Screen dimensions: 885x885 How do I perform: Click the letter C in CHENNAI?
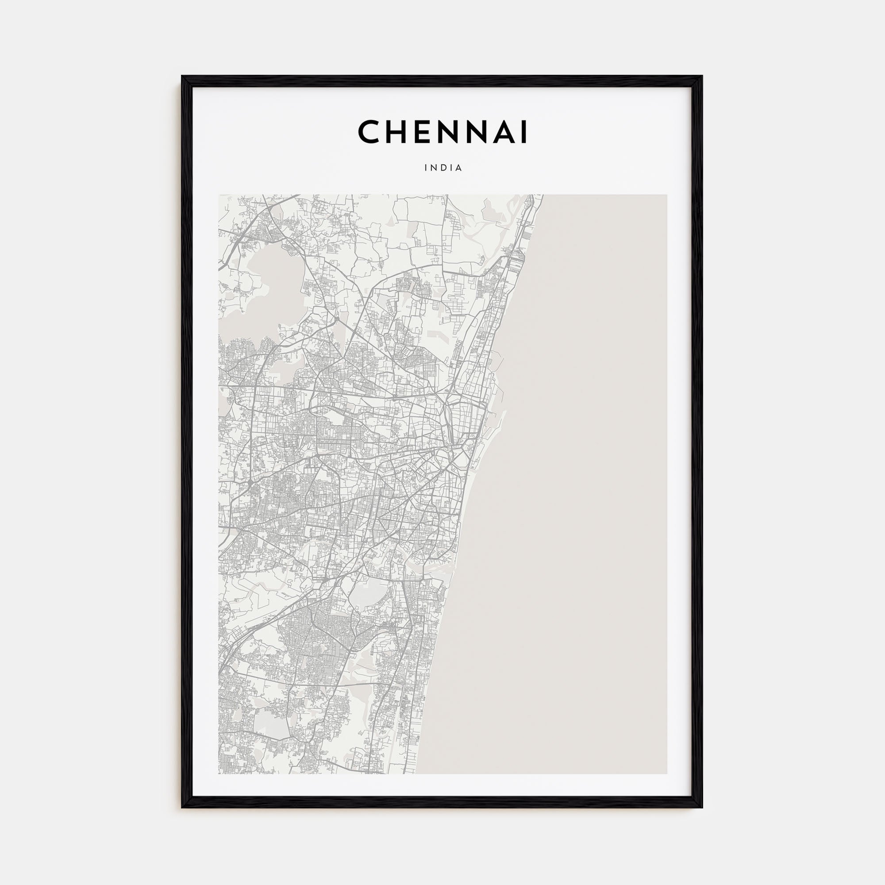point(369,132)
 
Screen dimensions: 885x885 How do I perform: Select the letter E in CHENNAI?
point(423,132)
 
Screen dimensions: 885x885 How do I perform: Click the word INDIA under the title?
point(443,168)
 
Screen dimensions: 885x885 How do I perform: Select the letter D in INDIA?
point(443,168)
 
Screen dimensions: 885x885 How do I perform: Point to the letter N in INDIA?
point(434,168)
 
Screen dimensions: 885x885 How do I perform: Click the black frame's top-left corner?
point(182,77)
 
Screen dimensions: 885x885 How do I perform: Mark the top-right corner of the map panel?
point(667,195)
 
